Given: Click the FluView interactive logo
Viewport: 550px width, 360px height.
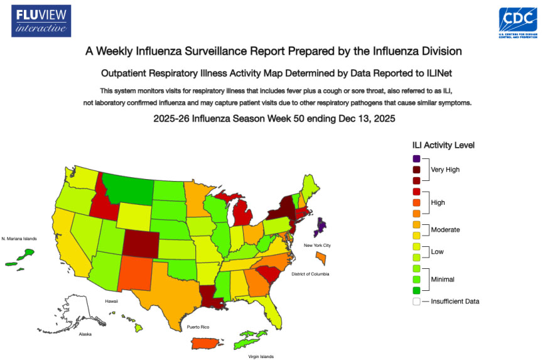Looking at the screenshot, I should coord(41,21).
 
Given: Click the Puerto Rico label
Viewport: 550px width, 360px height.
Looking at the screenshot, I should coord(197,327).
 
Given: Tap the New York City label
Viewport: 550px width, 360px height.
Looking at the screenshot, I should coord(317,244).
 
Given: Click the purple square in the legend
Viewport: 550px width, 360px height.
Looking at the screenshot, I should coord(416,158).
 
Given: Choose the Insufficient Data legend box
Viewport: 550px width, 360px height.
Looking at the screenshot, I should coord(416,301).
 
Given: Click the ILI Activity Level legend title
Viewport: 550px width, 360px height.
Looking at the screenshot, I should coord(443,145).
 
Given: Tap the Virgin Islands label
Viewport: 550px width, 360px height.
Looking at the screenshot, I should coord(259,356).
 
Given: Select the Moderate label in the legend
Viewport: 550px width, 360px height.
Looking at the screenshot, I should coord(445,230).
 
